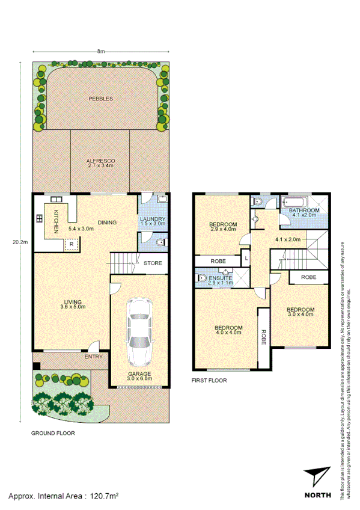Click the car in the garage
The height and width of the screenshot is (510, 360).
(139, 332)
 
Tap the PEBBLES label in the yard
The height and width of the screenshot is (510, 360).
(100, 98)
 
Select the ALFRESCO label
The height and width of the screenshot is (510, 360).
(100, 161)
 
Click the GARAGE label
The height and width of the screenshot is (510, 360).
(139, 375)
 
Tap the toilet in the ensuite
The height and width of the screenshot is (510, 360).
(202, 277)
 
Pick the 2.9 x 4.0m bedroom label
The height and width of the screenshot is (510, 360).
(223, 226)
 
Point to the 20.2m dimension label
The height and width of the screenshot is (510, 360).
(20, 243)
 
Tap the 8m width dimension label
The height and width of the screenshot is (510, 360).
(101, 52)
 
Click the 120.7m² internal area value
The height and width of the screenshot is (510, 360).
(104, 497)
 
